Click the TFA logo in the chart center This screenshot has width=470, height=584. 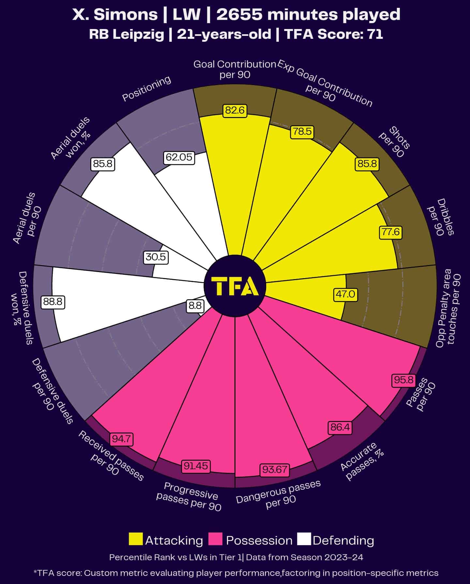[235, 286]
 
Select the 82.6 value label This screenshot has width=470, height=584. [235, 111]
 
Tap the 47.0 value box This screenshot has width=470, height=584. [345, 294]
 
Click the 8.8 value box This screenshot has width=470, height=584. [195, 306]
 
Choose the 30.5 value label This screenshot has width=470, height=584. [156, 257]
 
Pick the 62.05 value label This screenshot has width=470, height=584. [179, 157]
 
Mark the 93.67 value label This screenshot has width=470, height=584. [275, 470]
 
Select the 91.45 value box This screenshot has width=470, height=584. [196, 466]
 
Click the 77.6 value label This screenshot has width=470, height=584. [390, 232]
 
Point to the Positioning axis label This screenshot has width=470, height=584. [146, 88]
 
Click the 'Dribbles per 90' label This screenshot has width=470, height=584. [440, 217]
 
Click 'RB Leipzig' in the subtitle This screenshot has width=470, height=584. [127, 34]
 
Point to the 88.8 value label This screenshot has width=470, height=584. [53, 302]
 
